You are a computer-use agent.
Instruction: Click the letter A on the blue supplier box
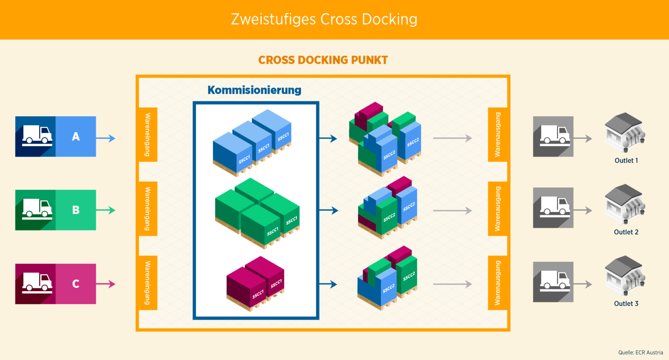(x=76, y=137)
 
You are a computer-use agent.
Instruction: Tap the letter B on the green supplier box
(x=76, y=210)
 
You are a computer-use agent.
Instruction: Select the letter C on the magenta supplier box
(x=76, y=284)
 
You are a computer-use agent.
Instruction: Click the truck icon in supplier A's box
(x=37, y=135)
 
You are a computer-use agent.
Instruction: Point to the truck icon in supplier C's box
(x=37, y=282)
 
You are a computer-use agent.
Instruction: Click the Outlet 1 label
(x=626, y=160)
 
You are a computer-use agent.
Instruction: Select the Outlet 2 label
(x=626, y=232)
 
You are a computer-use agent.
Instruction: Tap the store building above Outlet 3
(x=625, y=275)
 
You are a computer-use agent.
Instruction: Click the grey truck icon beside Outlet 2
(x=554, y=207)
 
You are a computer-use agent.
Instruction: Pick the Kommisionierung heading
(x=254, y=90)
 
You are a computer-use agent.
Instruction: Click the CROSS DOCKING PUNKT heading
(x=323, y=60)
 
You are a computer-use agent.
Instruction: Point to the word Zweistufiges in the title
(x=273, y=19)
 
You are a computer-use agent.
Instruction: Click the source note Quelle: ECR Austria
(x=640, y=353)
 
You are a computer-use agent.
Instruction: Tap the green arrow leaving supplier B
(x=106, y=210)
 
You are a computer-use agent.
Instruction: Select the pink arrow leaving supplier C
(x=106, y=284)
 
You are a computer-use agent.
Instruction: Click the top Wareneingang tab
(x=148, y=134)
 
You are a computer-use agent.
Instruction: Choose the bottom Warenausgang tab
(x=497, y=283)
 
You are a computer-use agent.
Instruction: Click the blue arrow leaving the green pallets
(x=329, y=211)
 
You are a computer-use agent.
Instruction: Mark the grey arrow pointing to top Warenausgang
(x=452, y=138)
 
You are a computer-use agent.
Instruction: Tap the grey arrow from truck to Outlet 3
(x=583, y=284)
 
